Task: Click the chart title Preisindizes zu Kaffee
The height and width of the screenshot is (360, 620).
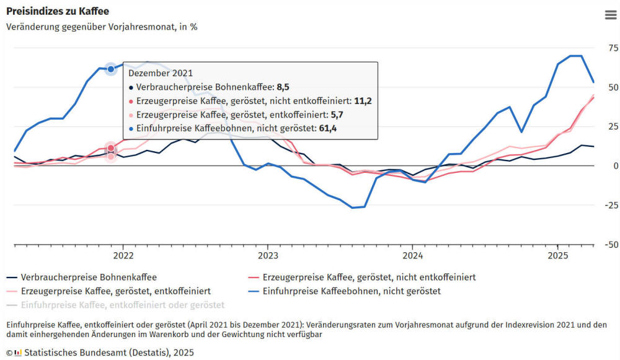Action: [x=58, y=11]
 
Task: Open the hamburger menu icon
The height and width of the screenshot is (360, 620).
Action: [x=611, y=15]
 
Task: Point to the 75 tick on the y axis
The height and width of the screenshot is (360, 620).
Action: [x=613, y=48]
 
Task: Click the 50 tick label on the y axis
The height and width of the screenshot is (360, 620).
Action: [x=613, y=87]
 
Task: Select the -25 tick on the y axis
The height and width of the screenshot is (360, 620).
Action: [x=611, y=205]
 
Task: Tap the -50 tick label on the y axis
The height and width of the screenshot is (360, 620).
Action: [x=611, y=245]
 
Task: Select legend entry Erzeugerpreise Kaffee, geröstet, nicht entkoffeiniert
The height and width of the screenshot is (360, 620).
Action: [x=369, y=277]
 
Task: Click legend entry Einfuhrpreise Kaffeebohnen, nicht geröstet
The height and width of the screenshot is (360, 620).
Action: [x=352, y=291]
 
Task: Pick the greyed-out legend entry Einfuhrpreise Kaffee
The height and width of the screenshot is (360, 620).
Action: [x=122, y=305]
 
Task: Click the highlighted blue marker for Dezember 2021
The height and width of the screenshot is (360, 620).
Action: [x=111, y=69]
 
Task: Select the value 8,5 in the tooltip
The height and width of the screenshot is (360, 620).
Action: [x=283, y=87]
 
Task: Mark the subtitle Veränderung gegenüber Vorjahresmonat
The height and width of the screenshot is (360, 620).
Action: [x=102, y=27]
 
